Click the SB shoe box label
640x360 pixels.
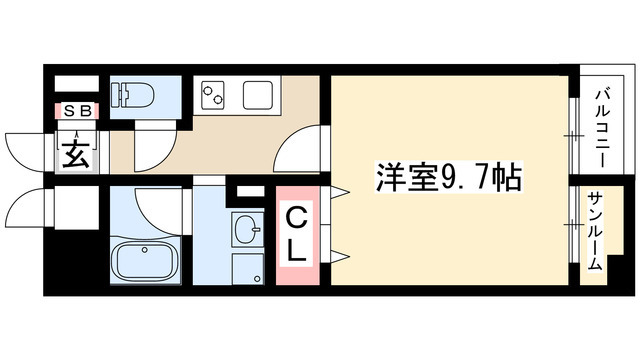(77, 112)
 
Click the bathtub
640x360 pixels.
(145, 262)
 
